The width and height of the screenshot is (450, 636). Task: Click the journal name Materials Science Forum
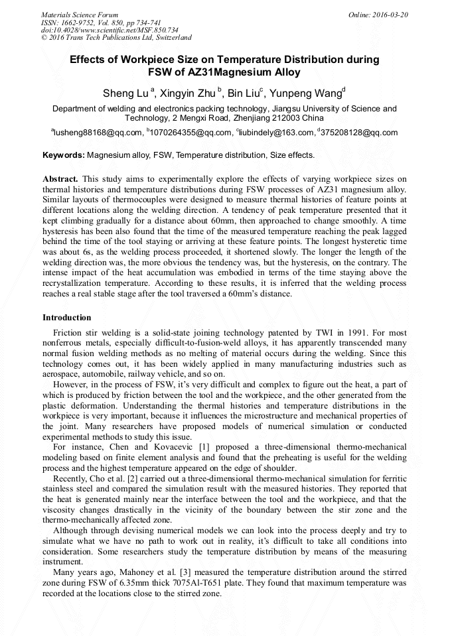[80, 15]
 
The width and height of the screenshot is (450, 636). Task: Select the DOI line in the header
[110, 30]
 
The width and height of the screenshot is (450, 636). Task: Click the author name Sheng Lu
[125, 93]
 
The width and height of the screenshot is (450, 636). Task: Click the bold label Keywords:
[64, 156]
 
